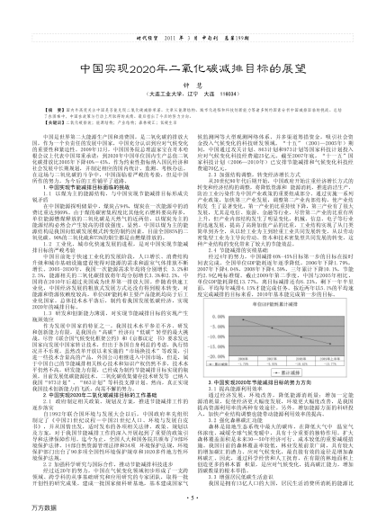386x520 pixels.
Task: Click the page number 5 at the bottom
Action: point(193,497)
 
